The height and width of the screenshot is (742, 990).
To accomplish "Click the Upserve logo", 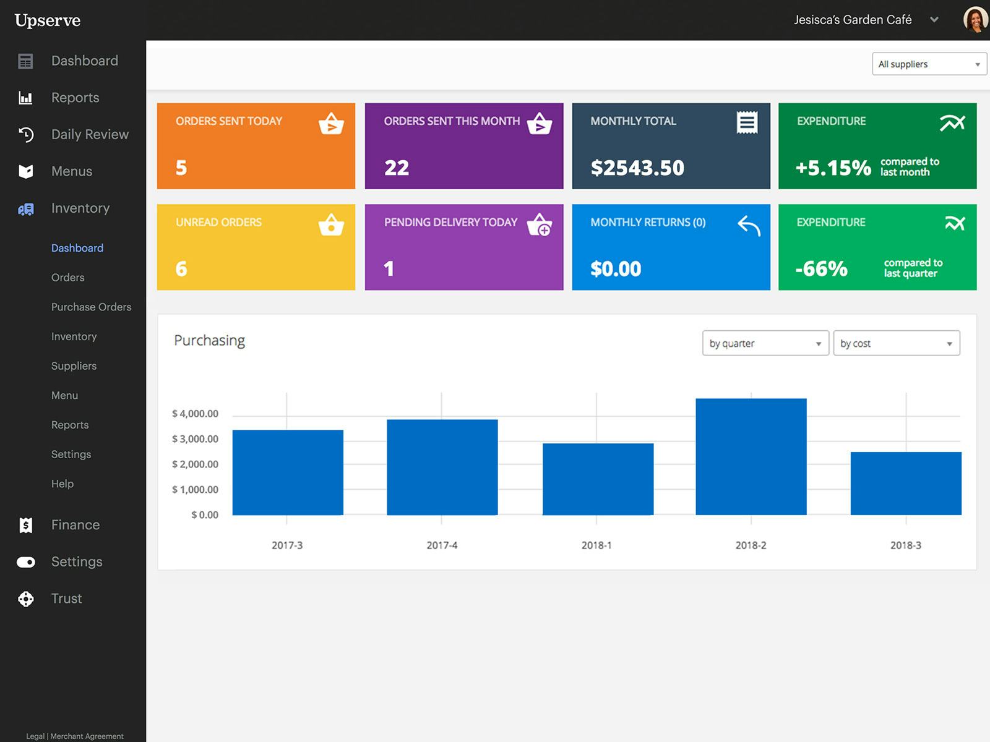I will tap(48, 20).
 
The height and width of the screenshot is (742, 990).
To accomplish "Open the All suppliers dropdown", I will tap(929, 64).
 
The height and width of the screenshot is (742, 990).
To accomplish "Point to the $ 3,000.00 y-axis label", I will tap(195, 439).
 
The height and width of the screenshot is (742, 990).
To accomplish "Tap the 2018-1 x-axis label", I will tap(596, 545).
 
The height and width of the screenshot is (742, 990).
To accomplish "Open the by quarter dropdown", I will tap(765, 343).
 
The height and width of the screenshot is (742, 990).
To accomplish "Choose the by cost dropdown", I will tap(896, 343).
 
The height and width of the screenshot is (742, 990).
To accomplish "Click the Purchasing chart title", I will tap(209, 341).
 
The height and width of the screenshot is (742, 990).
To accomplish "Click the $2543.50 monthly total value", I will tap(637, 168).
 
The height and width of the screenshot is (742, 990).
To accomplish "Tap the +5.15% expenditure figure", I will tap(833, 168).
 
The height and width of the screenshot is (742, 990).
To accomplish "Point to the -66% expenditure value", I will tap(821, 268).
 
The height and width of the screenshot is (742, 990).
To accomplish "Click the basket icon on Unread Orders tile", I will tap(331, 224).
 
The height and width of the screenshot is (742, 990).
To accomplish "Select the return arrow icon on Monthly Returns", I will tap(749, 226).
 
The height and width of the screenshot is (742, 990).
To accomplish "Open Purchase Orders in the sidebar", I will tap(91, 307).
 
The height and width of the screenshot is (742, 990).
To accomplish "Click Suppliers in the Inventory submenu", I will tap(74, 366).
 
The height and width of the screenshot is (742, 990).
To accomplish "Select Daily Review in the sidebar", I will tap(90, 134).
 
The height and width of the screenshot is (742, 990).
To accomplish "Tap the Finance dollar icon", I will tap(26, 525).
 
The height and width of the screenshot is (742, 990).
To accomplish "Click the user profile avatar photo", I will tap(975, 20).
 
